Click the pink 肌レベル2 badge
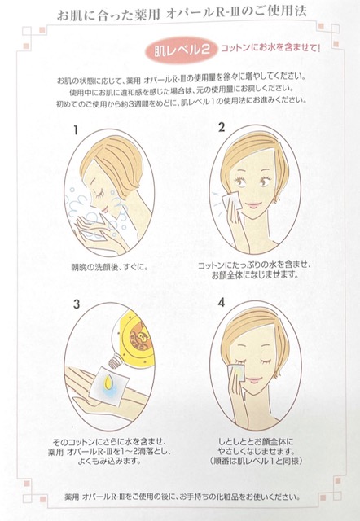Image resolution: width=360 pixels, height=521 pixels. tap(181, 50)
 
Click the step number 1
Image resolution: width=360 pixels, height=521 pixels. tap(76, 130)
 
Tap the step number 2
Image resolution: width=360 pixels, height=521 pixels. tap(222, 127)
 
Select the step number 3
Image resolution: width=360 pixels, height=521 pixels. tap(77, 304)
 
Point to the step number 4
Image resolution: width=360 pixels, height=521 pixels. tap(222, 302)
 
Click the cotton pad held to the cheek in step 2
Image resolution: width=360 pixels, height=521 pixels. tap(230, 200)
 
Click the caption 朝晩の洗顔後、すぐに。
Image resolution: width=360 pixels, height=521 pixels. tap(109, 267)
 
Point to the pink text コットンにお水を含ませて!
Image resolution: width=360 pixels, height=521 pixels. tap(270, 48)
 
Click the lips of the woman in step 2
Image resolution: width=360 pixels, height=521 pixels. tap(253, 205)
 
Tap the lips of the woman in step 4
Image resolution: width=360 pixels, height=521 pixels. tap(255, 379)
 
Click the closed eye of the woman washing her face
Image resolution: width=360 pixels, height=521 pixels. tap(100, 192)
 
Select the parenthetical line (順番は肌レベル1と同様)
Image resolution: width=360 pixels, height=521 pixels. tap(255, 461)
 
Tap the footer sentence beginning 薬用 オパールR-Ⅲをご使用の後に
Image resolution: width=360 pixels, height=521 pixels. tap(182, 497)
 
